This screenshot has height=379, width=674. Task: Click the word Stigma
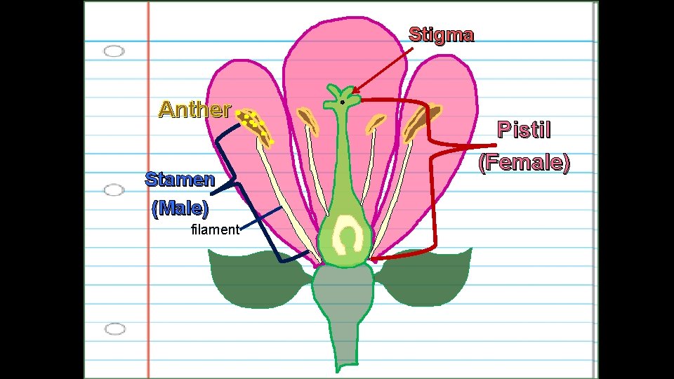441,34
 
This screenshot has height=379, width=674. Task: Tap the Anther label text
194,109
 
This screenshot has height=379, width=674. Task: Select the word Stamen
180,179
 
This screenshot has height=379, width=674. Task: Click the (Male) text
180,208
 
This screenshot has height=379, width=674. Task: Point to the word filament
215,230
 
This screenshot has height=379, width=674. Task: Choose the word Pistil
524,130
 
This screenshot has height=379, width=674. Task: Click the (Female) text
524,163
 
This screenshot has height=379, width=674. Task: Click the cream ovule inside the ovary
347,235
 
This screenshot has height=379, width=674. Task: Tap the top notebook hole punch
114,51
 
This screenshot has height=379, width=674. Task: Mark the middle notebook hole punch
114,190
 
